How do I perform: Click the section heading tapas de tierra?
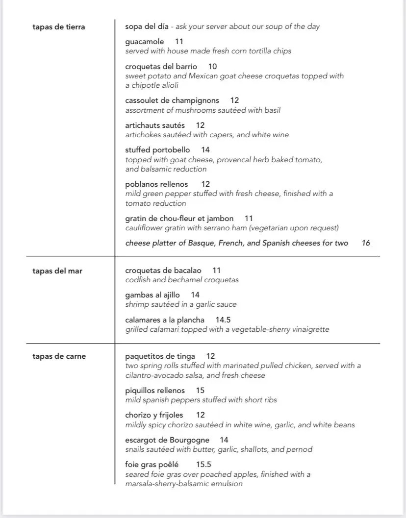point(59,27)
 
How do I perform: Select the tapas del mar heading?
point(57,271)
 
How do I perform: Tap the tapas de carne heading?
point(59,356)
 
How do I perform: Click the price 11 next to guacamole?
point(179,42)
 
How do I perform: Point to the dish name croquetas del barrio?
point(161,67)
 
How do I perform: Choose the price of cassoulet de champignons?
point(234,100)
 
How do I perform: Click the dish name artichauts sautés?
point(155,125)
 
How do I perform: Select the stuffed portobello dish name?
point(157,150)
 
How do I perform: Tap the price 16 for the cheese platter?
point(366,243)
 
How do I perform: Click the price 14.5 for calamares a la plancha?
point(223,320)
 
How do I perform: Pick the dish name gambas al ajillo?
point(152,295)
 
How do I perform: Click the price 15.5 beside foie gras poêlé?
point(203,465)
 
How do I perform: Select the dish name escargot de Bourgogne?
point(167,440)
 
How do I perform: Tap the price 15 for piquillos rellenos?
point(200,391)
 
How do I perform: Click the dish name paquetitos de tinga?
point(160,356)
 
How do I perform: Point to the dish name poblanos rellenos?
point(156,184)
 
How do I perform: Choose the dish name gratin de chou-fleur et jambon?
point(179,219)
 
